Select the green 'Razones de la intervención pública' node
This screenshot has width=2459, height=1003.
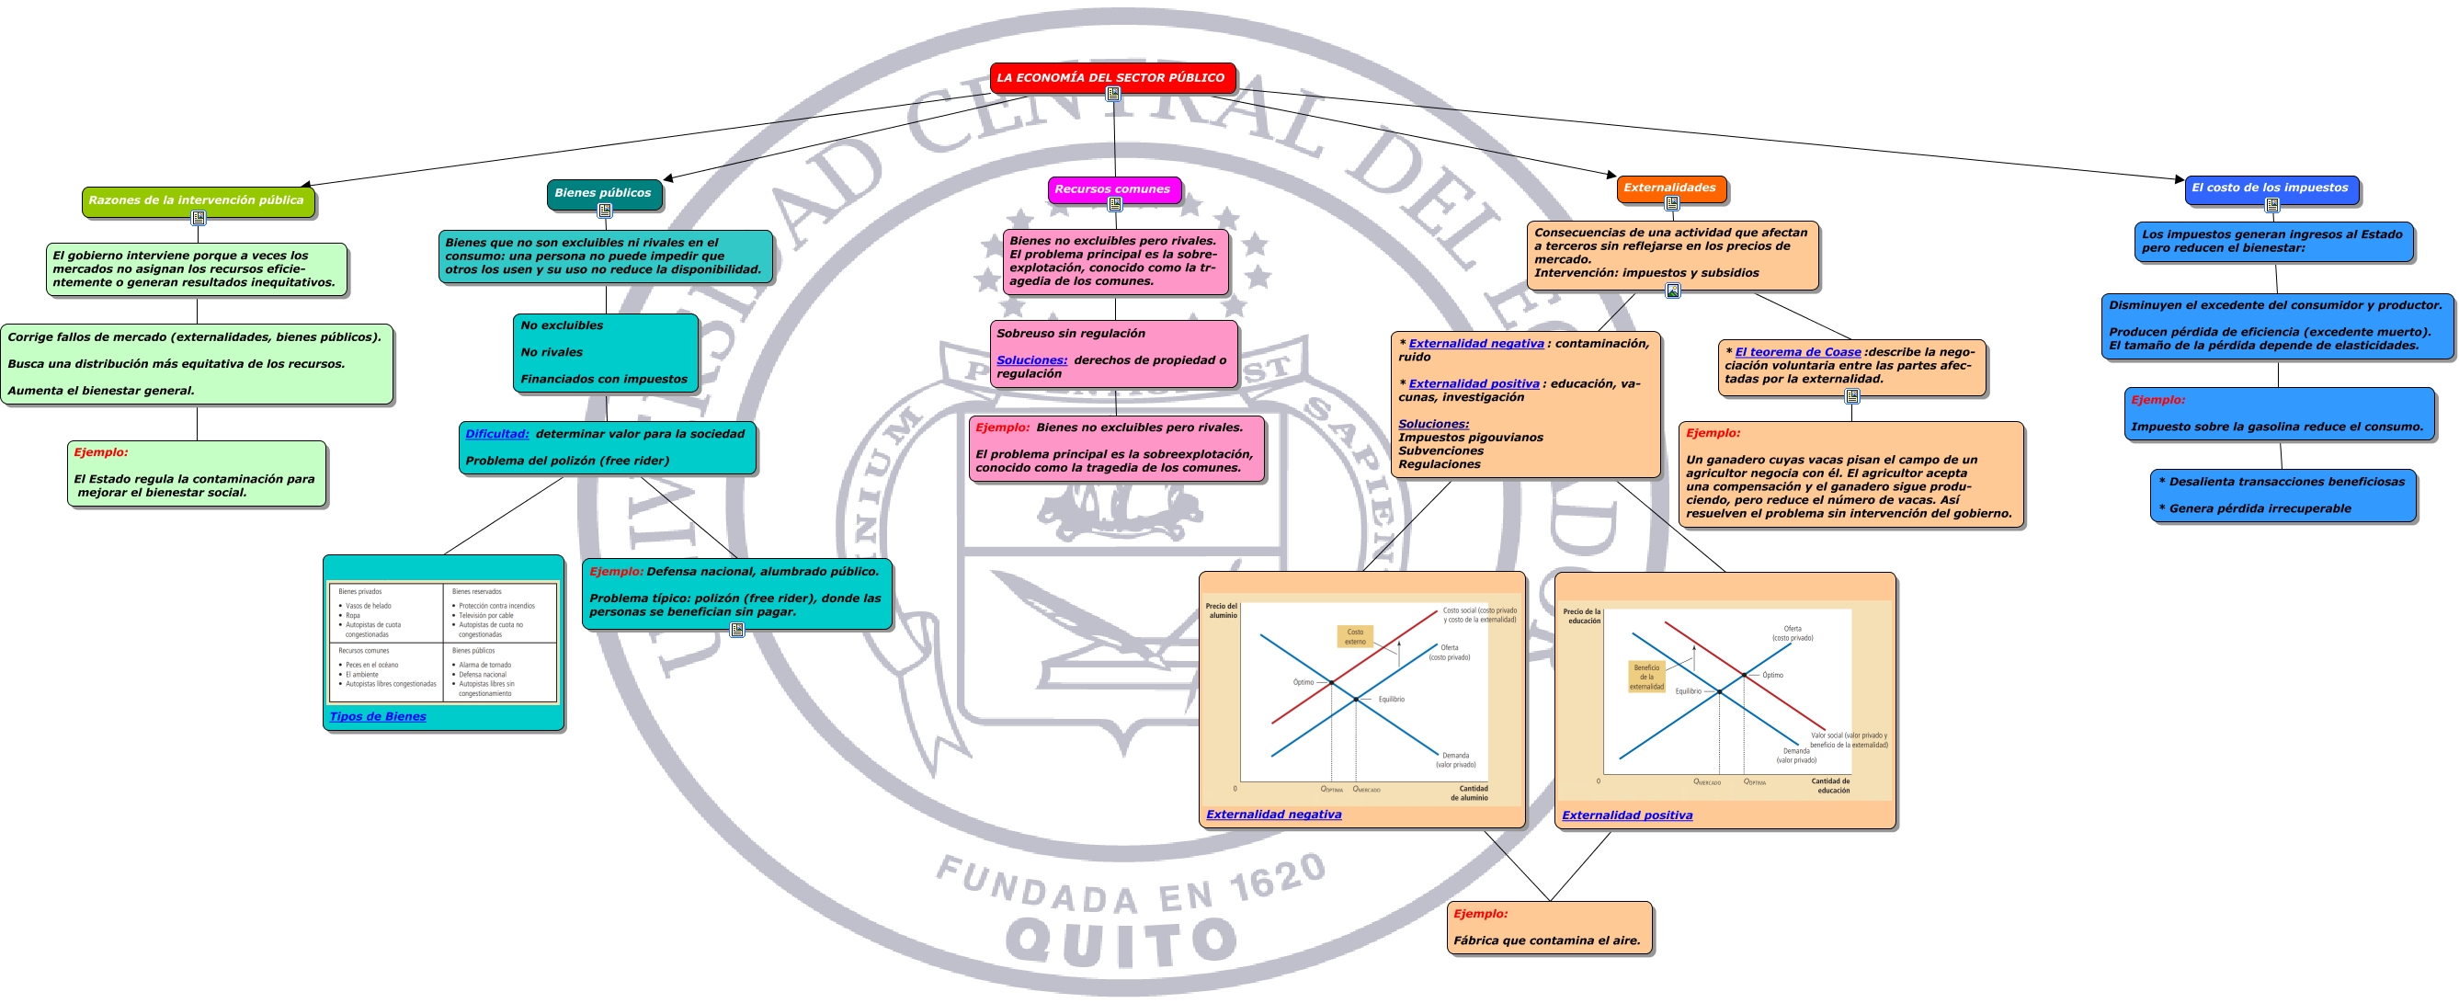pos(197,200)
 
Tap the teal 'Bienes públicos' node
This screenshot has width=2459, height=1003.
pos(603,193)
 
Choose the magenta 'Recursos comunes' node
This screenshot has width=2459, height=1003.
pos(1113,189)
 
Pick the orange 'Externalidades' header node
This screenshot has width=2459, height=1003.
pos(1669,188)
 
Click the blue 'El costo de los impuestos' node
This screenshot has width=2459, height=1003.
pos(2270,188)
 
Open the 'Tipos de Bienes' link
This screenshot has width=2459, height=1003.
pos(378,717)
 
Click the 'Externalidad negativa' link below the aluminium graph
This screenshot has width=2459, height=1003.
pos(1273,814)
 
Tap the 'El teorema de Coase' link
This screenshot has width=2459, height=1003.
pos(1797,352)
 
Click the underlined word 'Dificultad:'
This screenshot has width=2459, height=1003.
pos(497,434)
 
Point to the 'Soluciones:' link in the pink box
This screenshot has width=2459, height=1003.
pos(1032,360)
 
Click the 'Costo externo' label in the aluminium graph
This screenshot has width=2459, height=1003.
pos(1355,636)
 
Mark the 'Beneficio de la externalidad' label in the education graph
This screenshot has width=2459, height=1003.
pos(1646,677)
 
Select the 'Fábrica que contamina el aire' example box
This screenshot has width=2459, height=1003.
pos(1548,928)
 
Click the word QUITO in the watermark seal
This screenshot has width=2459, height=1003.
pos(1121,941)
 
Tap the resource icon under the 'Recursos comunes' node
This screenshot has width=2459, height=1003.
pos(1114,204)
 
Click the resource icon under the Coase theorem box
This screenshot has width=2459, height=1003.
pos(1852,396)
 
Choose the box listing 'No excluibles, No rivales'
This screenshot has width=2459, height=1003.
pos(605,352)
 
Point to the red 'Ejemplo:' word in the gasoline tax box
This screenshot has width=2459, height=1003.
pos(2157,400)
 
